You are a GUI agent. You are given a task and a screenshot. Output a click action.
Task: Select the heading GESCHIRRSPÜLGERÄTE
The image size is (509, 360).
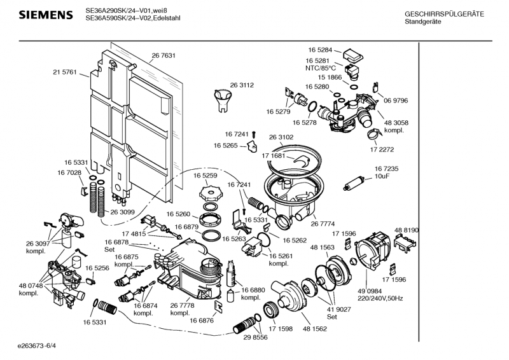[444, 15]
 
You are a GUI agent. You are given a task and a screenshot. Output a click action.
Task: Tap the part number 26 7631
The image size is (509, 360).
[164, 56]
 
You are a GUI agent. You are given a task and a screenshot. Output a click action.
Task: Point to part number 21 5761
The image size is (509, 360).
[64, 73]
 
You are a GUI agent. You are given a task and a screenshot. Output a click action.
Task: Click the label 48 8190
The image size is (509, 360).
[407, 230]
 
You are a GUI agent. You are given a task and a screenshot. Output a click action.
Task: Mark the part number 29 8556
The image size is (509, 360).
[255, 337]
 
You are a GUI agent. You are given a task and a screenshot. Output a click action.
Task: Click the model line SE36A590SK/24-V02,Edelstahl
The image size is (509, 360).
[133, 18]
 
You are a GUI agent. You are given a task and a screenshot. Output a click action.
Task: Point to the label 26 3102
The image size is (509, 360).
[281, 137]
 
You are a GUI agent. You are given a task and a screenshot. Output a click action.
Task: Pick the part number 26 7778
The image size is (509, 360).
[182, 305]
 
